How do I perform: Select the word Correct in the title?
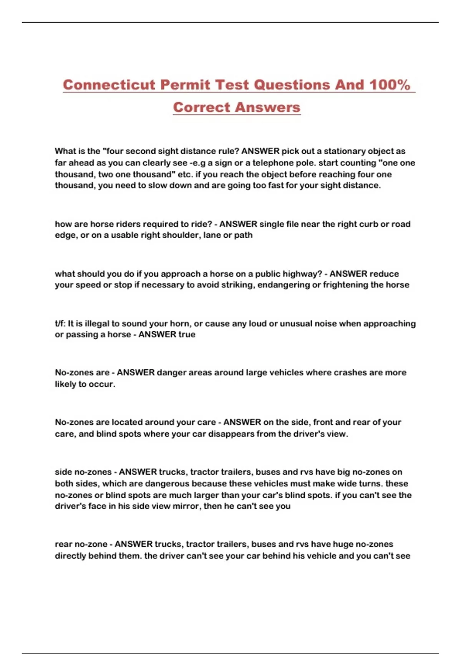(x=201, y=107)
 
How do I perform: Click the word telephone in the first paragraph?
(x=273, y=163)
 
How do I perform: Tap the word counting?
(x=356, y=163)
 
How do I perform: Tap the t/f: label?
(x=60, y=324)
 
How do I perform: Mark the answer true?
(x=187, y=335)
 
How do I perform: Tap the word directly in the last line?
(x=70, y=556)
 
